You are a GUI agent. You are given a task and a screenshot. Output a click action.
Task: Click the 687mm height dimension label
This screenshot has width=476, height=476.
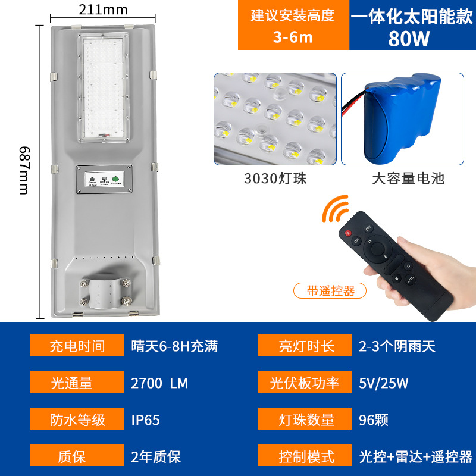24,170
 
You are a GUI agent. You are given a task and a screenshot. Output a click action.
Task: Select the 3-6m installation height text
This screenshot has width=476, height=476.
293,37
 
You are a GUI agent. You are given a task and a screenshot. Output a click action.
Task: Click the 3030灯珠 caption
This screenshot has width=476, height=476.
275,178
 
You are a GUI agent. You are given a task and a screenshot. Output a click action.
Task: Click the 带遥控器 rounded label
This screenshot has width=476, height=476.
330,291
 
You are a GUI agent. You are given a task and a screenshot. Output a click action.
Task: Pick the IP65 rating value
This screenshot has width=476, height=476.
145,419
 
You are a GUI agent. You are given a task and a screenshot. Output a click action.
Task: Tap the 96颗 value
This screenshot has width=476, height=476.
374,419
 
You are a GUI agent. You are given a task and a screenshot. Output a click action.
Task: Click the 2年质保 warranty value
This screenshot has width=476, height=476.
155,456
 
